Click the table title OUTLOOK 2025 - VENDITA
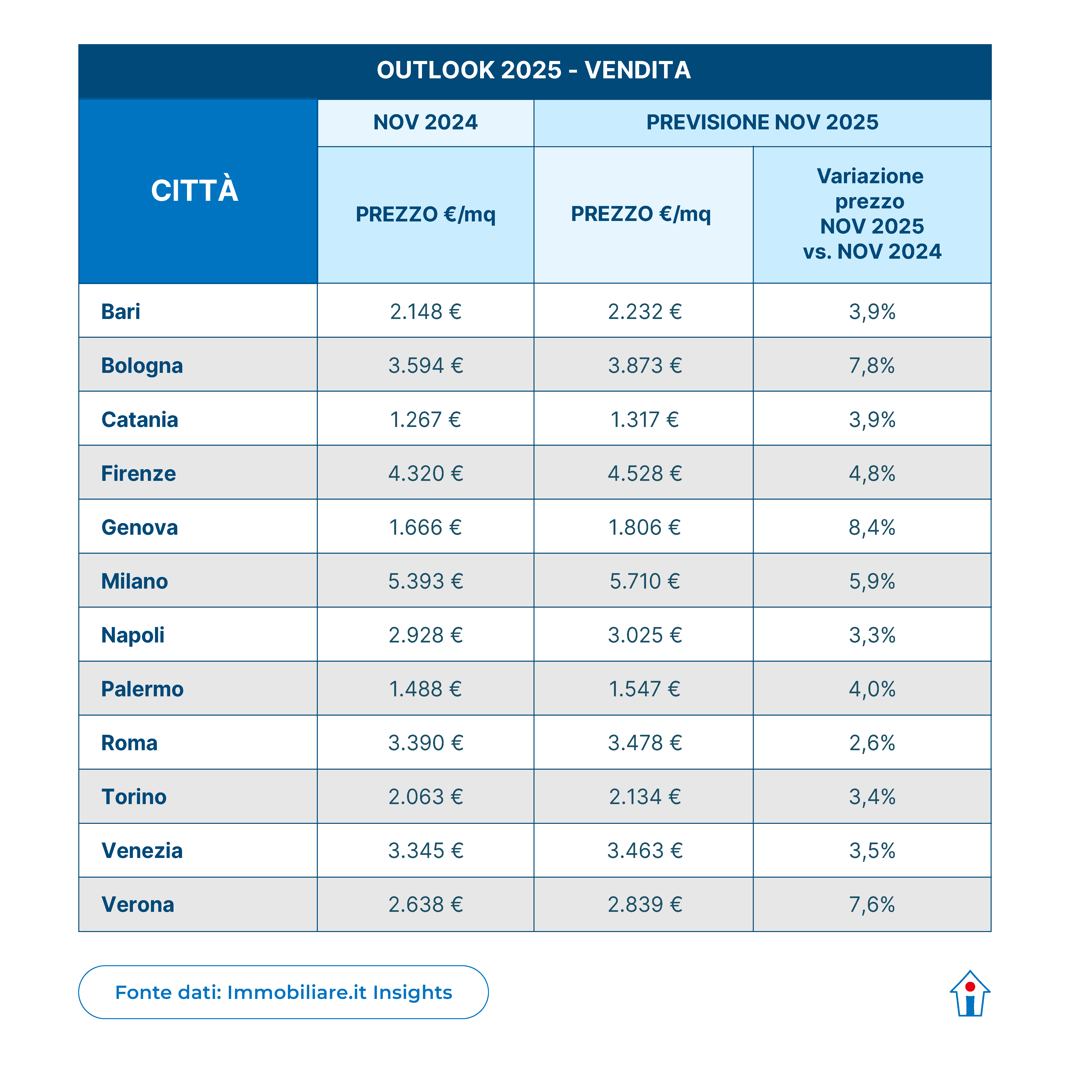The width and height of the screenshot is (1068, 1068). coord(534,70)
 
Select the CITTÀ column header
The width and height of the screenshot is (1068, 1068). coord(195,191)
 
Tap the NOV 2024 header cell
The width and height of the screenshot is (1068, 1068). coord(425,122)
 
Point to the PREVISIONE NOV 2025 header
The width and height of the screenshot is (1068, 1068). coord(762,122)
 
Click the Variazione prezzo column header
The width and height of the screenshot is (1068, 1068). coord(872,214)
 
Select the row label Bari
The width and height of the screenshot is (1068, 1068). coord(121,312)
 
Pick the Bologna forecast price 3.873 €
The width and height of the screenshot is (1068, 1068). coord(645,365)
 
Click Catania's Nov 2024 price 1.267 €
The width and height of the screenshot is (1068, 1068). coord(425,420)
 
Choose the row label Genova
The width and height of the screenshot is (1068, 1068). coord(139,527)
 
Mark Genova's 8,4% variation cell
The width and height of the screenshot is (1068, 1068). coord(872,527)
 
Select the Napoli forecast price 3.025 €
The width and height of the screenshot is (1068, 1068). coord(645,635)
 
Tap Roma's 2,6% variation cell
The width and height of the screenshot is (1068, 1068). coord(872,743)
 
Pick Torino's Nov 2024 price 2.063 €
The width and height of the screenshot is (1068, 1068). coord(425,796)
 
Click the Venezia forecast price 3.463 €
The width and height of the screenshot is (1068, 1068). coord(645,851)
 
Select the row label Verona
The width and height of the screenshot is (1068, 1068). coord(138,904)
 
